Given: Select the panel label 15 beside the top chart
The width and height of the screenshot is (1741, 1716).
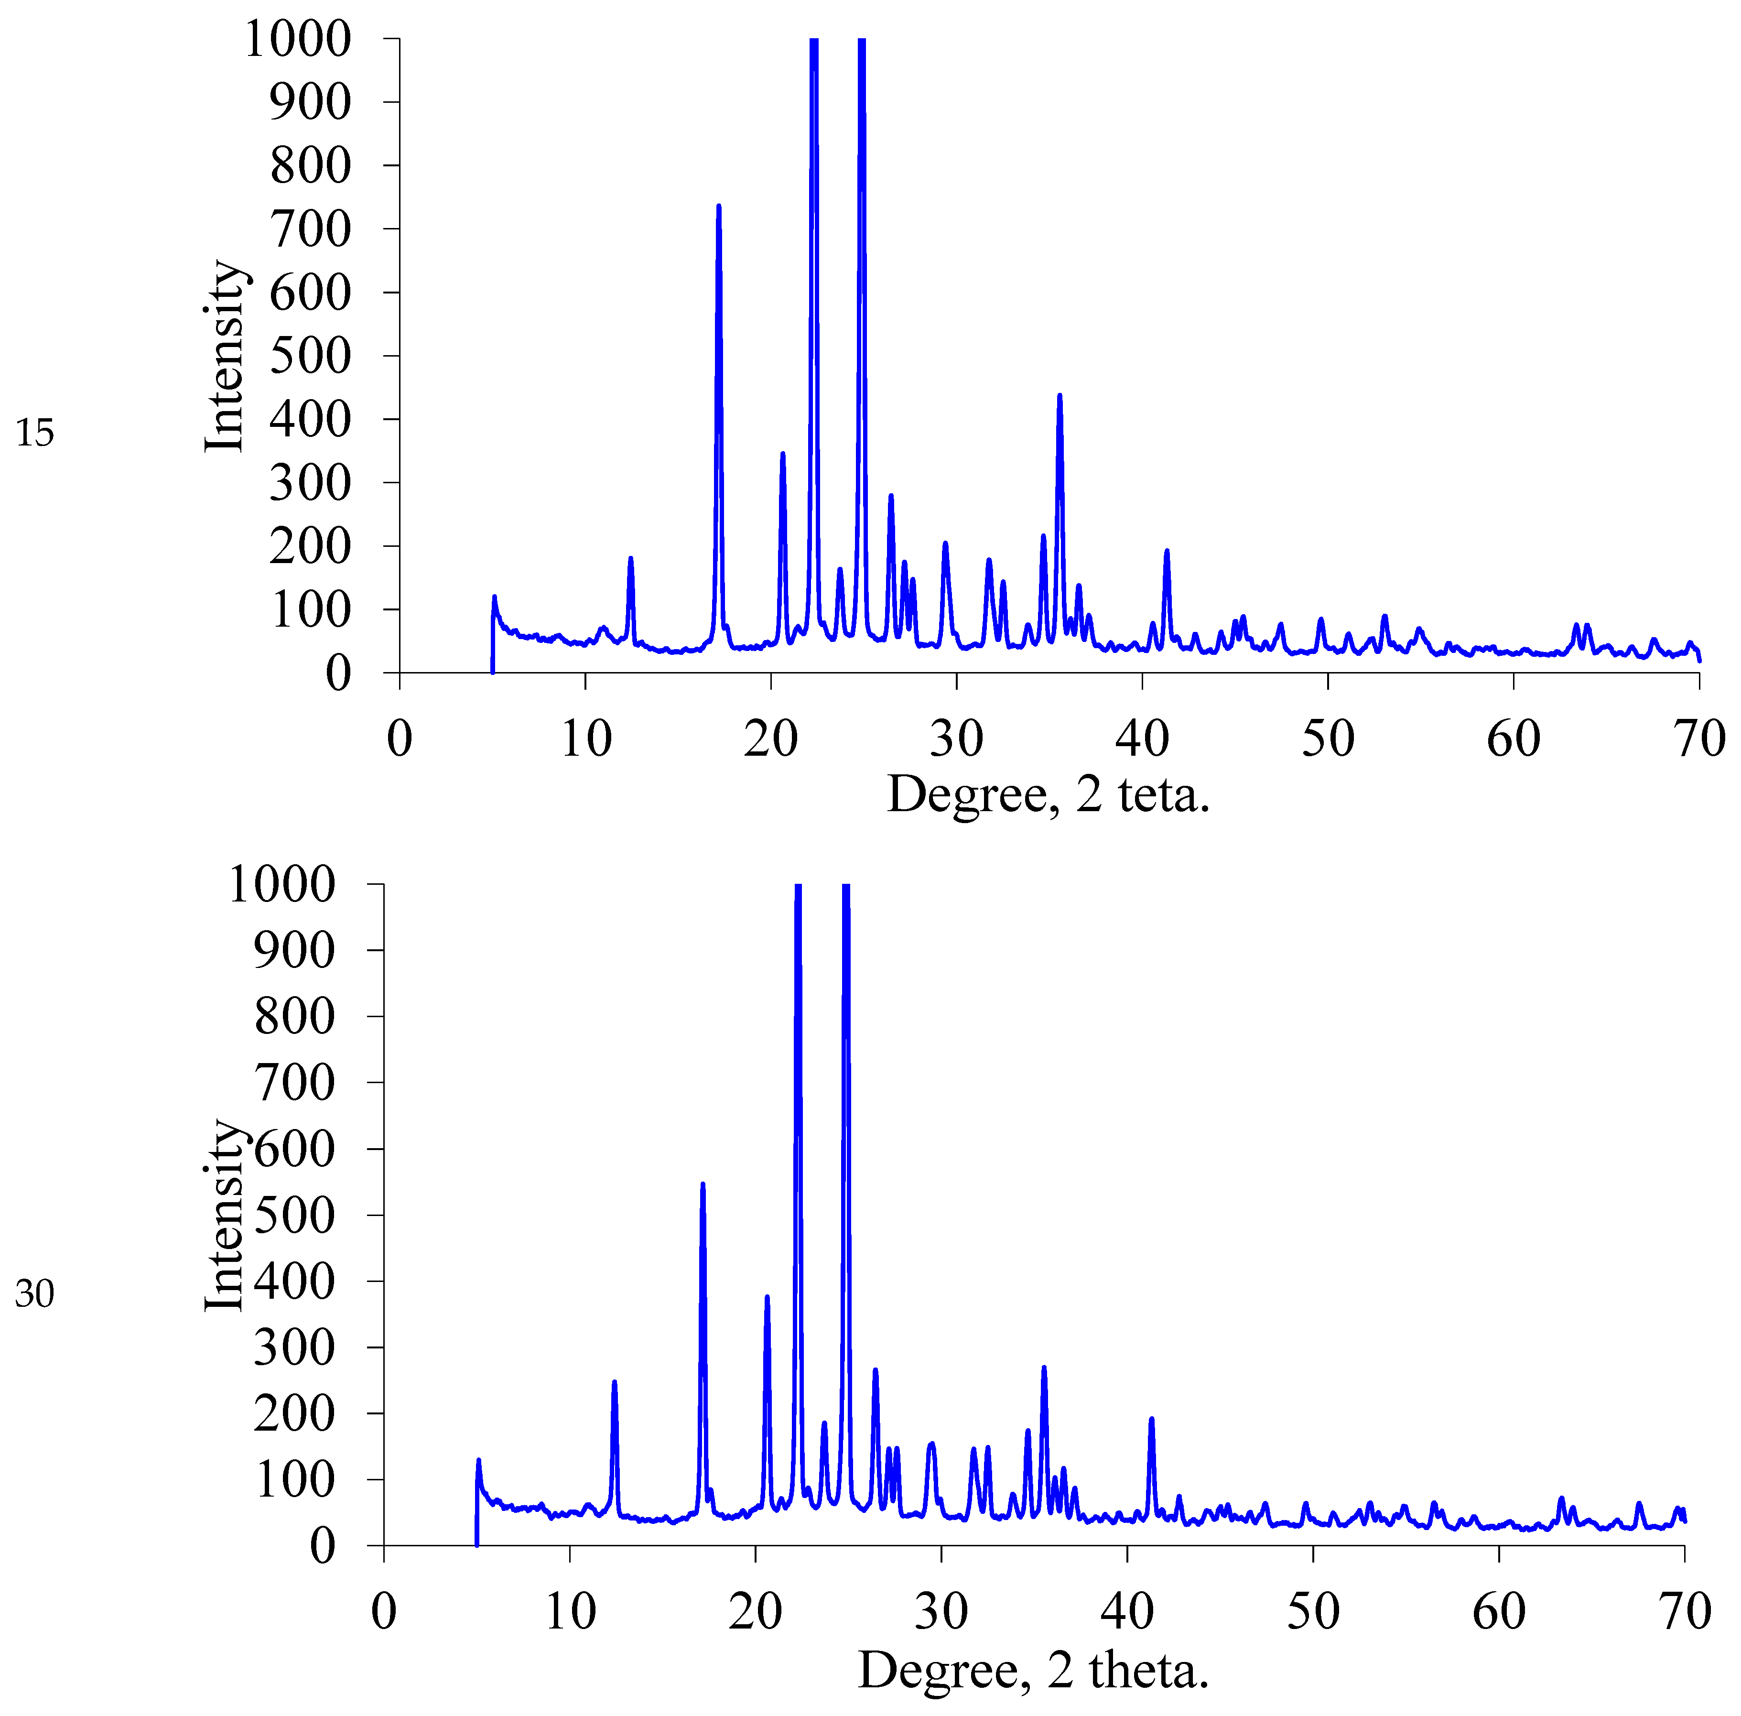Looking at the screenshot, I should [34, 434].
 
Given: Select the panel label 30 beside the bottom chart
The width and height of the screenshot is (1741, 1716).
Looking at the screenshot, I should [34, 1294].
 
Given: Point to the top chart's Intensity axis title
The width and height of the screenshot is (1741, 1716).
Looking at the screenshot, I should [224, 356].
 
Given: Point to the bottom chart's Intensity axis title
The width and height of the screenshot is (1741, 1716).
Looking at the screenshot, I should [224, 1216].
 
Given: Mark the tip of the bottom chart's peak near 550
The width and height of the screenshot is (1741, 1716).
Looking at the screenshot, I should [702, 1184].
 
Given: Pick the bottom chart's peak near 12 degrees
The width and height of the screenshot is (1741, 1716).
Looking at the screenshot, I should [614, 1381].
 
